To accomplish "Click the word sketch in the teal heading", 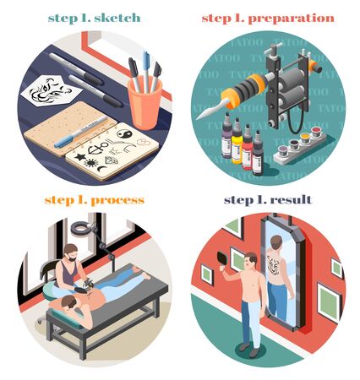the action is (x=117, y=18).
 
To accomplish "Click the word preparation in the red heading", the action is (x=292, y=19).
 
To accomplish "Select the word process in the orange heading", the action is (x=117, y=201).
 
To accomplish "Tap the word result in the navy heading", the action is (x=291, y=200).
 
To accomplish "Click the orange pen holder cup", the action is (x=145, y=103).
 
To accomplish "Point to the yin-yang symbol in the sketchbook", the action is (x=124, y=133).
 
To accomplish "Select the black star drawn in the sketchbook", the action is (x=80, y=156).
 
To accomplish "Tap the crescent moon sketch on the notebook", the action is (x=102, y=169).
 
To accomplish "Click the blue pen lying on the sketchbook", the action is (x=81, y=133).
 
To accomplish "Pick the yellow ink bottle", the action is (x=237, y=142).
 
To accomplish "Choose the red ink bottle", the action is (x=247, y=148).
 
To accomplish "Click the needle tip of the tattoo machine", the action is (x=197, y=118).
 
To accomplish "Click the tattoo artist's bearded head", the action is (x=70, y=252).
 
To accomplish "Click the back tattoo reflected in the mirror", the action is (x=273, y=265).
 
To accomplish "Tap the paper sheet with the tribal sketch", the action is (x=51, y=90).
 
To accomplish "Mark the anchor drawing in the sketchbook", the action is (x=96, y=148).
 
